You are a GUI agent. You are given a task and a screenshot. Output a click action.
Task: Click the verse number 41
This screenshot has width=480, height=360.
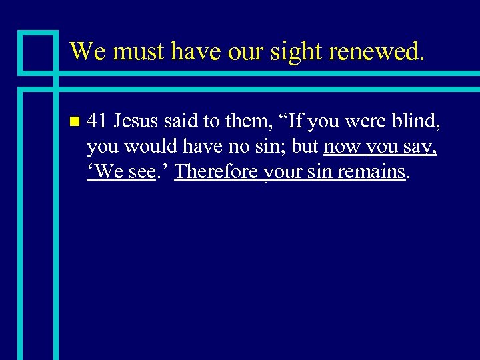[x=97, y=122]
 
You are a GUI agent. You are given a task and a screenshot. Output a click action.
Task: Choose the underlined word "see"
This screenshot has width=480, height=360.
[x=141, y=172]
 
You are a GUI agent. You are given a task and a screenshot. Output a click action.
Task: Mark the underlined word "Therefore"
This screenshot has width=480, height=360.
[x=216, y=171]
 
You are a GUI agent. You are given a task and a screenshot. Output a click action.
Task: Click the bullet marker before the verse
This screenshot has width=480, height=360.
[x=73, y=122]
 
